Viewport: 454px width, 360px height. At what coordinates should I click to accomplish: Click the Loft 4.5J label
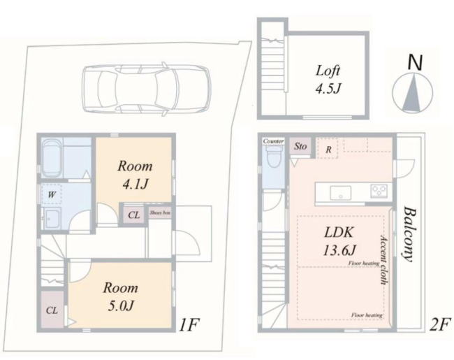[328, 80]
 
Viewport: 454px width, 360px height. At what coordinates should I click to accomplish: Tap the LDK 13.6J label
[339, 241]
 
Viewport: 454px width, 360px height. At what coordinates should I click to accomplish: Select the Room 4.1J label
[135, 175]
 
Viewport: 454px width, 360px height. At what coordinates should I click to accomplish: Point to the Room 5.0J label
[120, 296]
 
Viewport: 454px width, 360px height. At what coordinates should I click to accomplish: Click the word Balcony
[409, 234]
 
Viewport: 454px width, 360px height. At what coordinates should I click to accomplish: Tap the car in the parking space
[147, 88]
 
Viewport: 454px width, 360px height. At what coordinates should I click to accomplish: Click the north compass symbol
[412, 93]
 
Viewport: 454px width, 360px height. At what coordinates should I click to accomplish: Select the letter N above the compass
[415, 62]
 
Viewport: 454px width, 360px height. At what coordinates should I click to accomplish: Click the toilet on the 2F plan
[274, 156]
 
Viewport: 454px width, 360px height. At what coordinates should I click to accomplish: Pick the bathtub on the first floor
[52, 158]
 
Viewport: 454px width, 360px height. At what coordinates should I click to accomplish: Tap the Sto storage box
[300, 146]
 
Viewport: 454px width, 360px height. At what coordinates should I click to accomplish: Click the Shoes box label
[160, 213]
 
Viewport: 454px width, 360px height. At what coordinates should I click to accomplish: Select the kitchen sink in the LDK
[341, 193]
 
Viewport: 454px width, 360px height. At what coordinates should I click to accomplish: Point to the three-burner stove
[379, 192]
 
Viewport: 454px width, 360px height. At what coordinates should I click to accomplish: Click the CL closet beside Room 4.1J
[134, 215]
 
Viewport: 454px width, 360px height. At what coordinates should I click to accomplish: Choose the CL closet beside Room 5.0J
[52, 310]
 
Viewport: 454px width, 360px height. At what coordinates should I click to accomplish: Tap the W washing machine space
[52, 194]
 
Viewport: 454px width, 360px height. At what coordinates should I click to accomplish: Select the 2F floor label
[439, 324]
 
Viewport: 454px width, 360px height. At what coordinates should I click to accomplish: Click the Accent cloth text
[383, 260]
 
